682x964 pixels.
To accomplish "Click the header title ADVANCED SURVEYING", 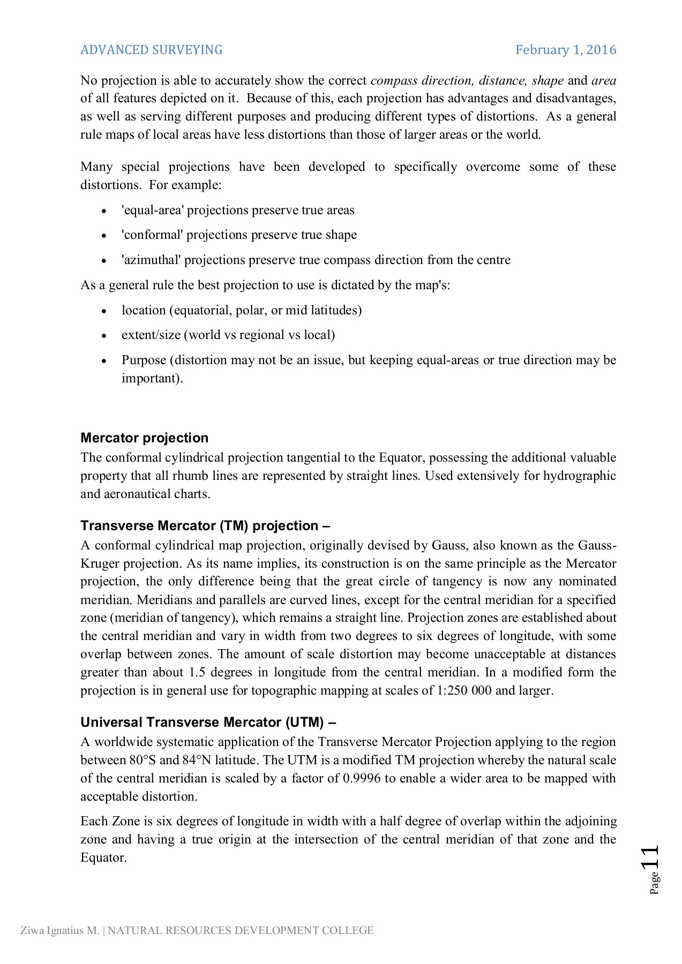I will coord(151,50).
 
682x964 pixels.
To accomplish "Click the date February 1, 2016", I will coord(566,50).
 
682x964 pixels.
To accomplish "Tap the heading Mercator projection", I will coord(144,438).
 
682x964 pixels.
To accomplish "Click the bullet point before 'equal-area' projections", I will coord(104,212).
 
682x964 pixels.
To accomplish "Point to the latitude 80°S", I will coord(143,760).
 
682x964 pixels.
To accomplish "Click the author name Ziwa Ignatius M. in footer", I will coord(59,930).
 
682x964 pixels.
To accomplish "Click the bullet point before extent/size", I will coord(104,336).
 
